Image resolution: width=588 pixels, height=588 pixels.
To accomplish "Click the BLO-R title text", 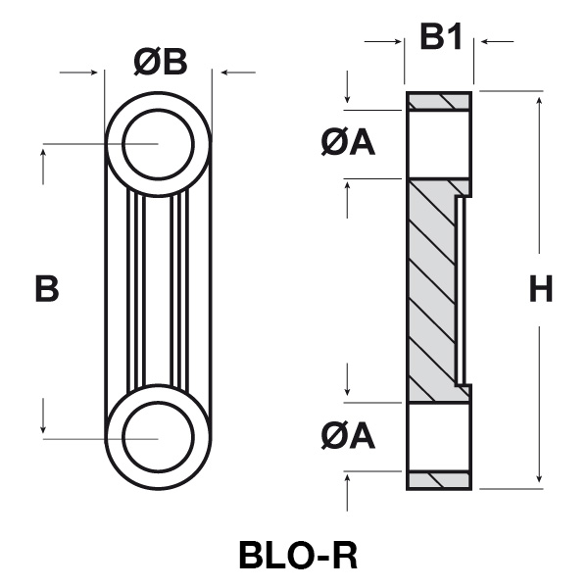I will click(298, 554).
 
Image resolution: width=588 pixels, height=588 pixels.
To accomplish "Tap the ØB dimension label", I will click(160, 62).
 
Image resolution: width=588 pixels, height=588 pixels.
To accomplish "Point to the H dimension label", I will click(541, 289).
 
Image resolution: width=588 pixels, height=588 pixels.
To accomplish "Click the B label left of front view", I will click(46, 289).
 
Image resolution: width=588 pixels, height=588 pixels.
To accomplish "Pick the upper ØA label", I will click(348, 143).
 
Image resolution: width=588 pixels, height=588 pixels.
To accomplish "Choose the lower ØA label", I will click(348, 435).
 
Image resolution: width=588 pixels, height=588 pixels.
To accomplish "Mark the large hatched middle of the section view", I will click(430, 289).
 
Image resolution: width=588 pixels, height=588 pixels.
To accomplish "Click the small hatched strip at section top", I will click(440, 101).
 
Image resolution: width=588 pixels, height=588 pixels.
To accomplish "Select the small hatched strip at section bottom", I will click(440, 480).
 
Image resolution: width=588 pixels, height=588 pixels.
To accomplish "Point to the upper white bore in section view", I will click(438, 143).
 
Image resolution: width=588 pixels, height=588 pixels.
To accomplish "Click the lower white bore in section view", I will click(438, 437).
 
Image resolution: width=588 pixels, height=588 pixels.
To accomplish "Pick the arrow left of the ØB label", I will click(93, 71).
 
